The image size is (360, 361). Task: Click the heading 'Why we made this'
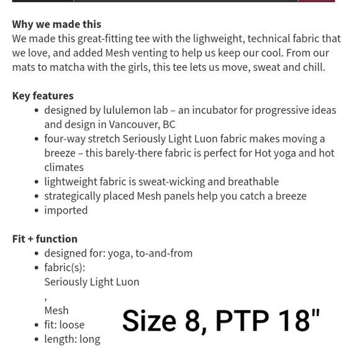tap(56, 24)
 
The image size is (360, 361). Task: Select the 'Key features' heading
tap(43, 96)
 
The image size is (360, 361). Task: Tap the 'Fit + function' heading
tap(45, 239)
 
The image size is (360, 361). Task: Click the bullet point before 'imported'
tap(37, 211)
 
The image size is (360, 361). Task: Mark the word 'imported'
tap(66, 210)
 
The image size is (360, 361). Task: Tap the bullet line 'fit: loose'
tap(64, 324)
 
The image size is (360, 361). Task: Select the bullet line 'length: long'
tap(72, 339)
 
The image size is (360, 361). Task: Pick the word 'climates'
tap(64, 167)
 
